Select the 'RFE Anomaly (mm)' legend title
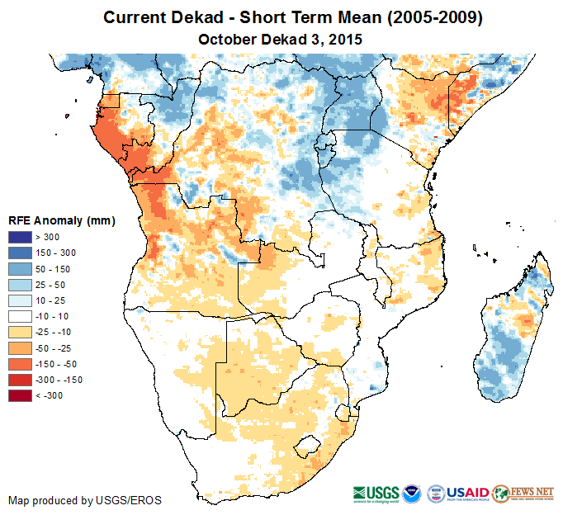pyautogui.click(x=61, y=220)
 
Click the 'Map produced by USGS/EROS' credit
pyautogui.click(x=85, y=500)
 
